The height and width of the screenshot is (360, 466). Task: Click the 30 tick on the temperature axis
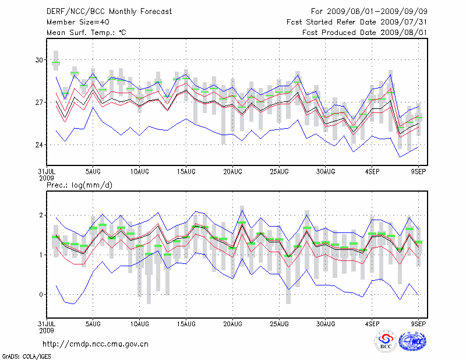coord(39,60)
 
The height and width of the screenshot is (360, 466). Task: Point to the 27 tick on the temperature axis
coord(39,103)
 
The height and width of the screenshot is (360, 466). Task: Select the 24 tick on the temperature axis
coord(39,145)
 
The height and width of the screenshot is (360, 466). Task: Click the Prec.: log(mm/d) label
coord(79,185)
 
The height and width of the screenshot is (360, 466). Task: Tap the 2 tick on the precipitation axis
coord(41,216)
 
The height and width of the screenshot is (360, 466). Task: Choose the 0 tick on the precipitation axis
coord(41,295)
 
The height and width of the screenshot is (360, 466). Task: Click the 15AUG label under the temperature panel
coord(186,171)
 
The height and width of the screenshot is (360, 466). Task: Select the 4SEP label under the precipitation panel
coord(372,323)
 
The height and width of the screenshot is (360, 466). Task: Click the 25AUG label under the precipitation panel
coord(279,323)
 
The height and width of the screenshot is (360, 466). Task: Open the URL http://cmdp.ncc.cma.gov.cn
coord(96,344)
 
